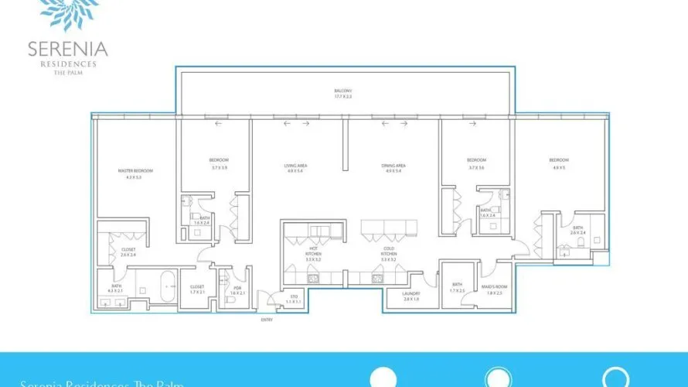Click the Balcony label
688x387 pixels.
[x=342, y=91]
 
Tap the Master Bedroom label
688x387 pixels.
[x=135, y=170]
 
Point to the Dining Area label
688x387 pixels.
[x=393, y=165]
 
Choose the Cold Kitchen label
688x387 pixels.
[x=390, y=253]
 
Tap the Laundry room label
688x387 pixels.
[x=410, y=294]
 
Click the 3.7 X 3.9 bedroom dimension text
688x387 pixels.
[x=219, y=166]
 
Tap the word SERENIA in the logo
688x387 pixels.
[x=68, y=50]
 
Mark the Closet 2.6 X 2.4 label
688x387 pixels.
[x=128, y=252]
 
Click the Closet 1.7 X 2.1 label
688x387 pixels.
[x=197, y=289]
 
